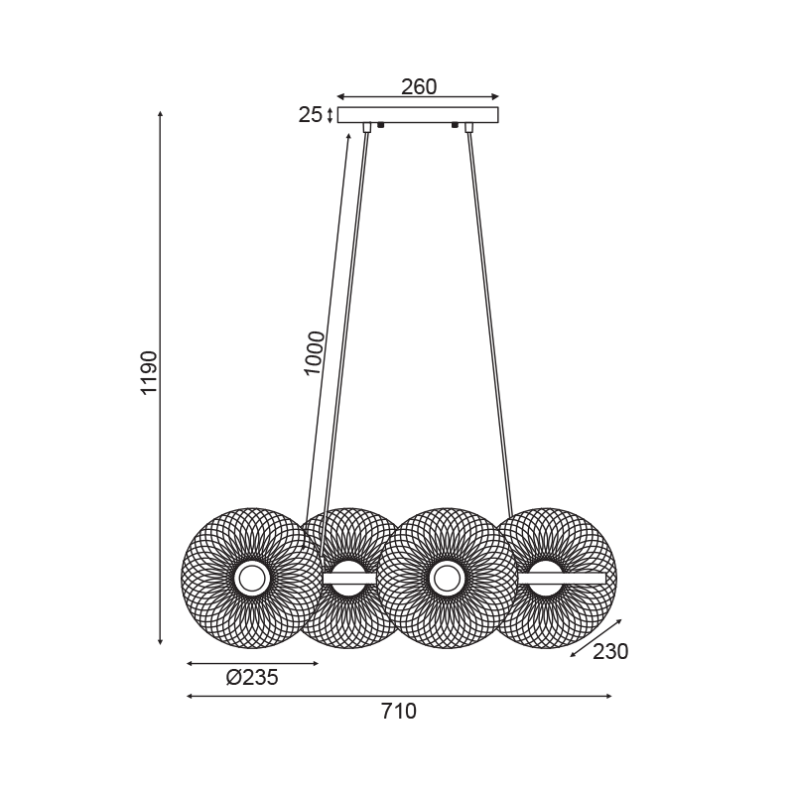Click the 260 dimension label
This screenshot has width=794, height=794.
coord(419,87)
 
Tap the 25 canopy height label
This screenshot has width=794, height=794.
coord(310,115)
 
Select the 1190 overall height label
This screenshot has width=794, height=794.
coord(150,373)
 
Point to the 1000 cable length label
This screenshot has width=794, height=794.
coord(314,353)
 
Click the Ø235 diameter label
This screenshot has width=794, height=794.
coord(252,678)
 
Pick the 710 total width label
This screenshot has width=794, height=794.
coord(399,712)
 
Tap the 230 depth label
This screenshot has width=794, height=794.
coord(610,652)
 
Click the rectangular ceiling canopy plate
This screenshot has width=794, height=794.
coord(418,115)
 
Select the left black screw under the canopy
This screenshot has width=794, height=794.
coord(381,125)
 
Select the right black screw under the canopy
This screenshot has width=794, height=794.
coord(455,125)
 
